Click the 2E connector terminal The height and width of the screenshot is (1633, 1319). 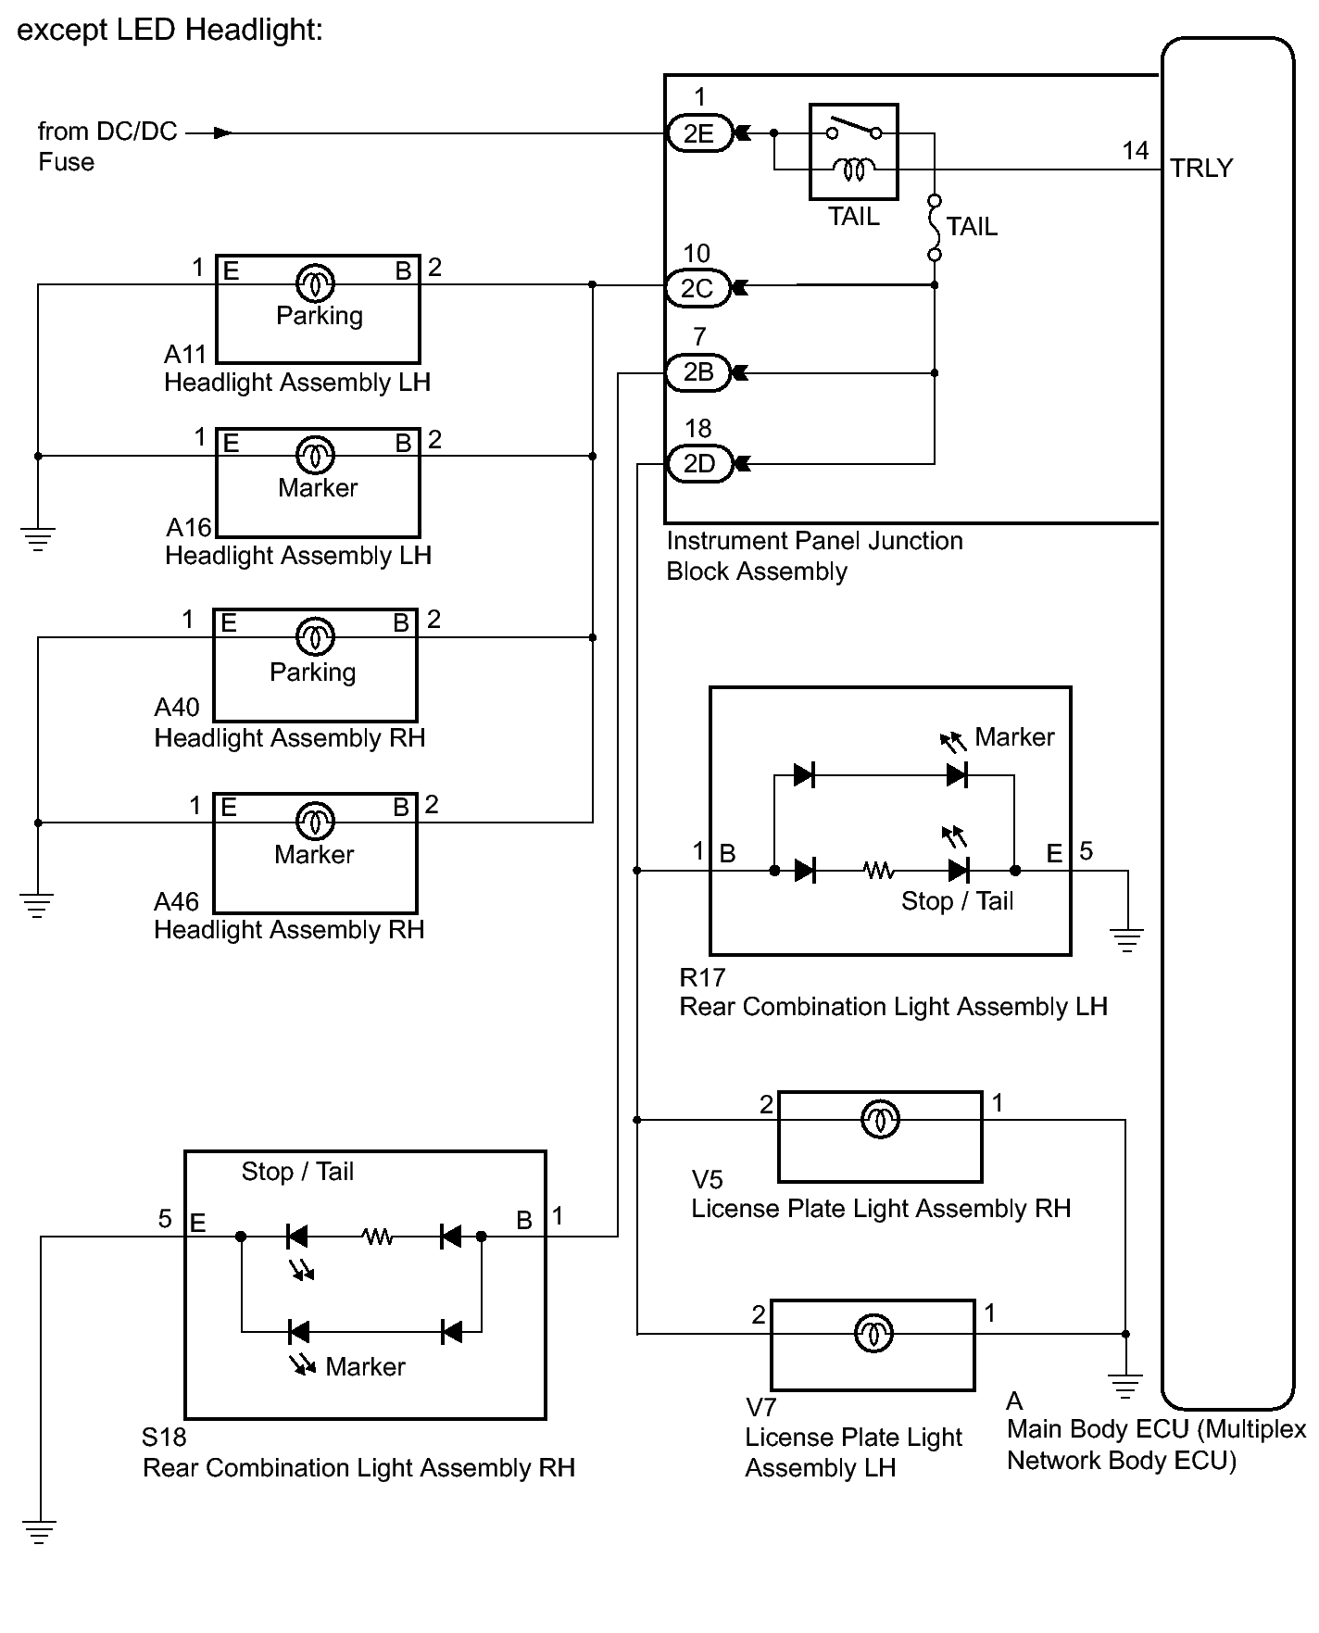pyautogui.click(x=698, y=133)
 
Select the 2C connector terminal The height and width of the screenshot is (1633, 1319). pyautogui.click(x=697, y=288)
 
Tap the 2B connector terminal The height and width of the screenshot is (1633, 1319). pyautogui.click(x=698, y=372)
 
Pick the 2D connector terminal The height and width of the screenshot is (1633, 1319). pyautogui.click(x=699, y=463)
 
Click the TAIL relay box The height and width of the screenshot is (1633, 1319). pyautogui.click(x=853, y=152)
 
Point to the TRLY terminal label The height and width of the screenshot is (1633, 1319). pyautogui.click(x=1201, y=169)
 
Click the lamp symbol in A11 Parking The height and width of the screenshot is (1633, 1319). pyautogui.click(x=315, y=283)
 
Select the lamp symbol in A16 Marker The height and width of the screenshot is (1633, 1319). pyautogui.click(x=315, y=455)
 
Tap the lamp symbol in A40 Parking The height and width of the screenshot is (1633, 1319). pyautogui.click(x=315, y=636)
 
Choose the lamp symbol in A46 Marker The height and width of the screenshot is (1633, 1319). pyautogui.click(x=315, y=821)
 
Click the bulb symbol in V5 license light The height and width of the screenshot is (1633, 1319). pyautogui.click(x=879, y=1119)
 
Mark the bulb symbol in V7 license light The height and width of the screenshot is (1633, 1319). pyautogui.click(x=873, y=1333)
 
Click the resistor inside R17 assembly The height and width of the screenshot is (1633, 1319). pyautogui.click(x=878, y=871)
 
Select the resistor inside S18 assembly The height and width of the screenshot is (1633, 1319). pyautogui.click(x=377, y=1236)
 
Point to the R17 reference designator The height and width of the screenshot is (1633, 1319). pyautogui.click(x=702, y=977)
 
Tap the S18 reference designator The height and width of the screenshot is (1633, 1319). pyautogui.click(x=164, y=1437)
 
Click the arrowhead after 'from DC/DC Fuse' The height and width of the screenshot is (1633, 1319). pyautogui.click(x=222, y=133)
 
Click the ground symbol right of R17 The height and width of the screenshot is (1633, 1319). pyautogui.click(x=1126, y=940)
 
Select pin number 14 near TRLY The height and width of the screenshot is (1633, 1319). pyautogui.click(x=1136, y=151)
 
